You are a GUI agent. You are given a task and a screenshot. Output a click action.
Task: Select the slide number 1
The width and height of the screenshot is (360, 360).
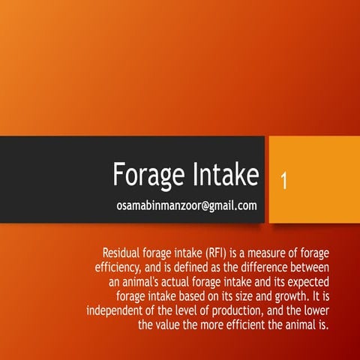click(x=283, y=181)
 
